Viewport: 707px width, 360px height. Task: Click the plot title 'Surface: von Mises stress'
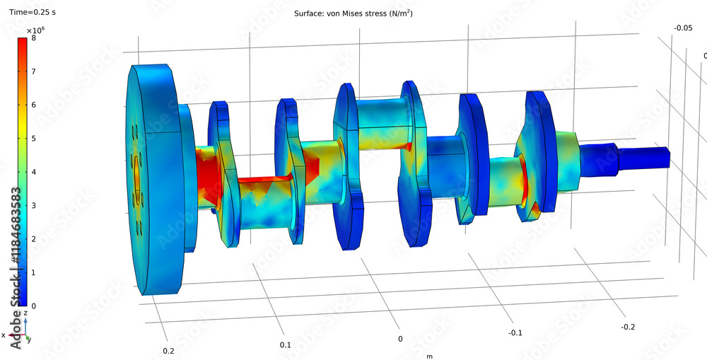pyautogui.click(x=353, y=14)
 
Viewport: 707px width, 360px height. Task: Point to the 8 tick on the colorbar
pyautogui.click(x=33, y=38)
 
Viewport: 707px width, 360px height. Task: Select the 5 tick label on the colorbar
pyautogui.click(x=33, y=139)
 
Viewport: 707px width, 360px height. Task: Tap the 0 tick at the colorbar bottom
pyautogui.click(x=33, y=306)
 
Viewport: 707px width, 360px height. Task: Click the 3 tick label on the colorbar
pyautogui.click(x=33, y=205)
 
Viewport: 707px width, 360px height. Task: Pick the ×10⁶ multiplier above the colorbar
pyautogui.click(x=35, y=30)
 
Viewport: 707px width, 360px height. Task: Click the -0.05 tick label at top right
pyautogui.click(x=682, y=28)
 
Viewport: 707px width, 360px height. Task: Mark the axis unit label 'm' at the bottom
pyautogui.click(x=429, y=356)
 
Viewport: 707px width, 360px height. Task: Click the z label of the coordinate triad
pyautogui.click(x=25, y=312)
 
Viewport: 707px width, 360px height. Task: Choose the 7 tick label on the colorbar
pyautogui.click(x=33, y=71)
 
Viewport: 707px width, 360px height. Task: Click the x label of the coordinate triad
pyautogui.click(x=4, y=335)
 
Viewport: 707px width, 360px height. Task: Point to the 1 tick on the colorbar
pyautogui.click(x=33, y=272)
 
